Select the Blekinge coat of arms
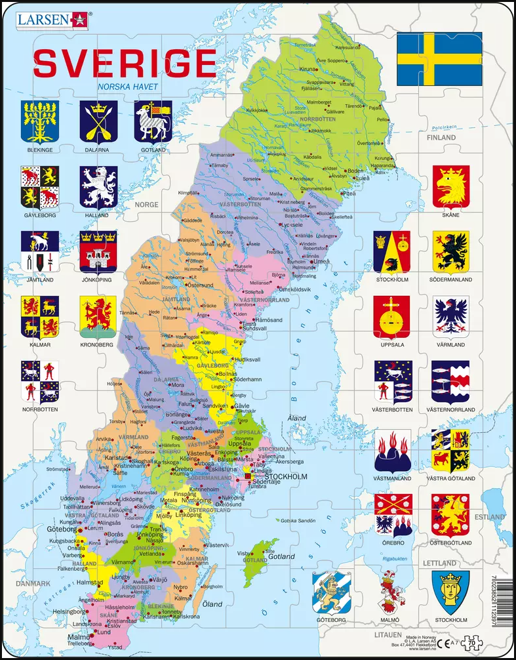pos(40,121)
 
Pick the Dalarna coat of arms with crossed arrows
pos(98,121)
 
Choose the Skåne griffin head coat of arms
pos(451,185)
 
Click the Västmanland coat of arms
pos(392,451)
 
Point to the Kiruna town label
pos(308,68)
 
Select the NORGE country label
pos(146,205)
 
